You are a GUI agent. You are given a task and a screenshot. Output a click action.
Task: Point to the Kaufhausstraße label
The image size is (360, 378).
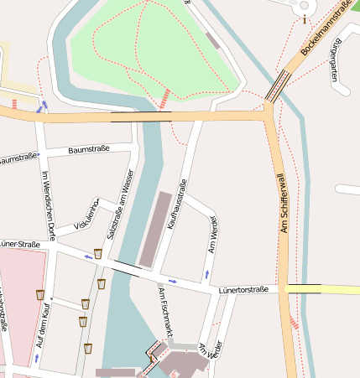(x=178, y=203)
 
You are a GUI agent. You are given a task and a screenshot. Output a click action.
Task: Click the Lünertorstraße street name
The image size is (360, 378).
(x=243, y=290)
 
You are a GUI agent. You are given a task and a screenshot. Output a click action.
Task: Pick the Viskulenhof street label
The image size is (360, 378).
(x=87, y=215)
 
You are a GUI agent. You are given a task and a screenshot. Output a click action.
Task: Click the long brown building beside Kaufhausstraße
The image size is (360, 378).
(x=155, y=228)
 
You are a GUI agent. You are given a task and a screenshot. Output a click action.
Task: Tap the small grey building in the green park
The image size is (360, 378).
(x=212, y=39)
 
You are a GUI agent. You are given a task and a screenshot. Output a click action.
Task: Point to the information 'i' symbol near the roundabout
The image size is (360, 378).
(x=304, y=19)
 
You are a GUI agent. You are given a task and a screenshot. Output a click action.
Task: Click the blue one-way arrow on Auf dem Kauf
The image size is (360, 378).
(x=36, y=358)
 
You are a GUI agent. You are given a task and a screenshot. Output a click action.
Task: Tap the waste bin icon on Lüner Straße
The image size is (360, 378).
(x=97, y=253)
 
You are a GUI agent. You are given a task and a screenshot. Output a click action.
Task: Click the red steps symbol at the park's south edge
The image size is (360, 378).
(x=165, y=97)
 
